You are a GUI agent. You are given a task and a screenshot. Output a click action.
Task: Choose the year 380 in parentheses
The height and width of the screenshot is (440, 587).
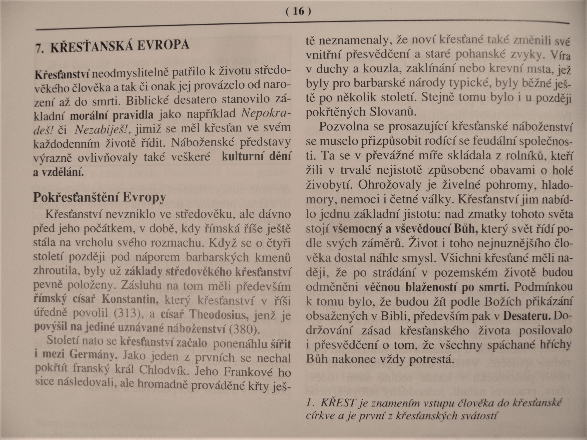click(x=243, y=329)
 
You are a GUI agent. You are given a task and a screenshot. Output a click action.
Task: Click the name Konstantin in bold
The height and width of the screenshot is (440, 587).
click(x=130, y=299)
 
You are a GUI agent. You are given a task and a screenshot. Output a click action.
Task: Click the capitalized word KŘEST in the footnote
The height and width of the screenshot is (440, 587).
click(x=338, y=403)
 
